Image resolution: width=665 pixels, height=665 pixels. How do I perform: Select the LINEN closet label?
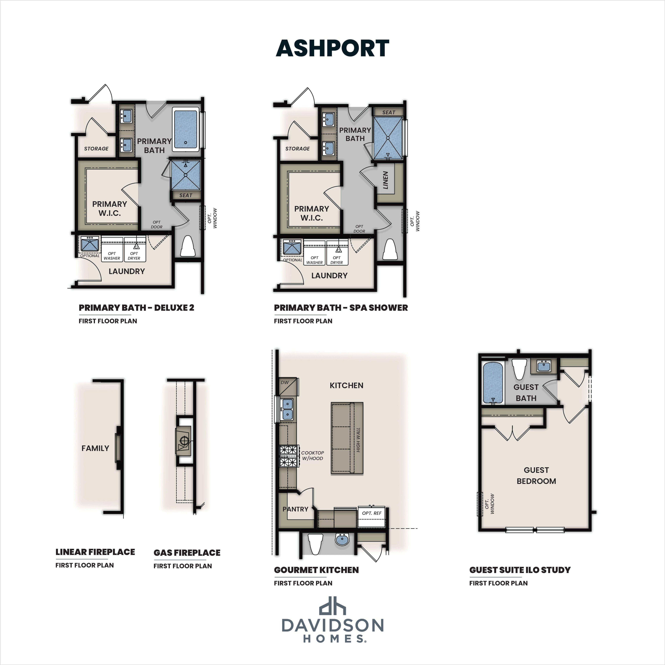tap(385, 180)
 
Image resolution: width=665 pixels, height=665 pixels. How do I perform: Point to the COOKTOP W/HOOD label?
tap(313, 455)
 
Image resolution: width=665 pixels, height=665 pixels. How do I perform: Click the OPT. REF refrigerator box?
tap(372, 516)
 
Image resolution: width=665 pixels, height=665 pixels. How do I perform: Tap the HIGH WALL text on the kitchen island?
tap(358, 440)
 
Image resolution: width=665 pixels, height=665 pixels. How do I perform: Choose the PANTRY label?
tap(295, 509)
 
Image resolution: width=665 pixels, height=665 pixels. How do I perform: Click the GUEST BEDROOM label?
tap(536, 475)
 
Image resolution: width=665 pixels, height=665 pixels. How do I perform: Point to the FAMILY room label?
tap(95, 448)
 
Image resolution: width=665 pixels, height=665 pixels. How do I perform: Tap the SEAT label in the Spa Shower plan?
tap(389, 112)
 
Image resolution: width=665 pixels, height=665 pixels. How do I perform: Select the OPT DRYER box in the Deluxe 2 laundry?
tap(135, 249)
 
